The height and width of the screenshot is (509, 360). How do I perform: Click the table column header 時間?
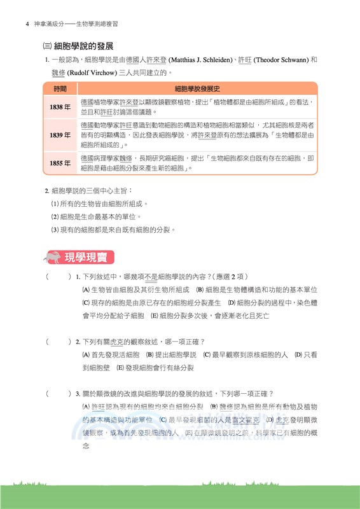click(60, 89)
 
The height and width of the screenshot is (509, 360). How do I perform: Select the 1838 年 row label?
click(60, 107)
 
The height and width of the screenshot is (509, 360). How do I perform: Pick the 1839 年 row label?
click(60, 135)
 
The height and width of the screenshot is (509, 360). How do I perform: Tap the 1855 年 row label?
click(60, 164)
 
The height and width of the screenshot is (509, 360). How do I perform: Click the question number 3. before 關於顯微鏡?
click(77, 394)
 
